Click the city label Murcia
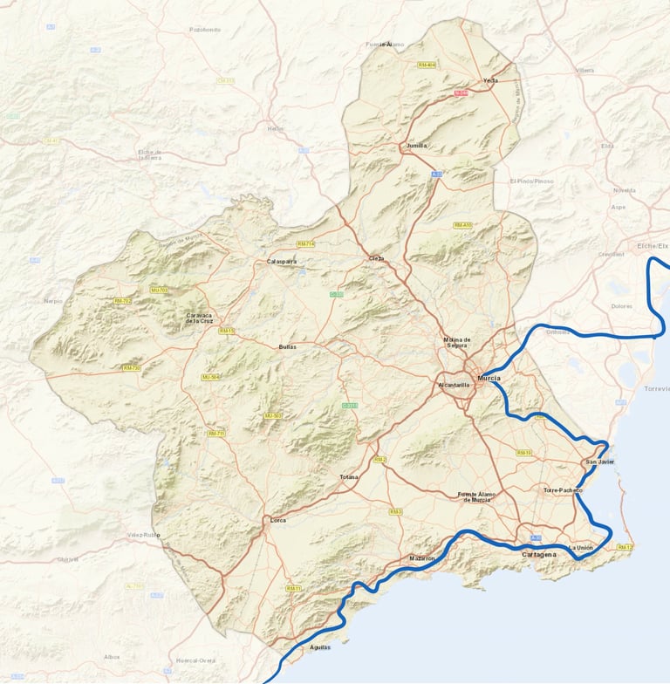click(489, 378)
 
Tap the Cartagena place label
click(538, 555)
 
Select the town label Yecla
click(490, 80)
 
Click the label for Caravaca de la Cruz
click(199, 318)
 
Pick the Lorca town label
click(277, 520)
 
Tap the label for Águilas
click(320, 648)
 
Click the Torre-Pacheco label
click(563, 490)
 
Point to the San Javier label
click(600, 462)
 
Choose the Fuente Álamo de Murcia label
click(476, 496)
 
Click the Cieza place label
click(376, 258)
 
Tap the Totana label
click(348, 477)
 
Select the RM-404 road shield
click(427, 65)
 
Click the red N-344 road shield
click(461, 92)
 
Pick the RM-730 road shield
click(132, 368)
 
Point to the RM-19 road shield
click(523, 453)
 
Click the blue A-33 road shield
click(436, 174)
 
